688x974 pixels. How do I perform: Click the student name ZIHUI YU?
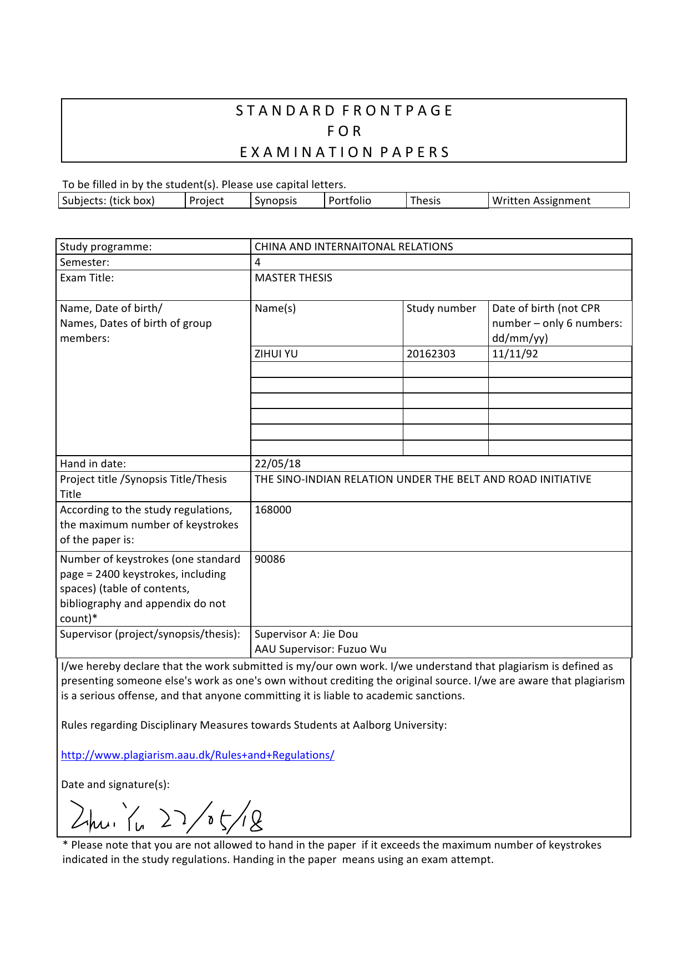[x=276, y=354]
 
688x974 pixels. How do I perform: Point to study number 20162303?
[x=431, y=354]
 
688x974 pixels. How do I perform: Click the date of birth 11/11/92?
[x=515, y=354]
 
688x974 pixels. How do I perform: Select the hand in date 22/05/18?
[x=277, y=463]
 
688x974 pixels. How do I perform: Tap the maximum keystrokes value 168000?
[x=273, y=509]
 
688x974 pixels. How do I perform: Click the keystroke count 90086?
[x=270, y=559]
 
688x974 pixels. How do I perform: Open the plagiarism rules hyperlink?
[x=198, y=755]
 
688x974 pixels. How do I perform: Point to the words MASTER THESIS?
[x=294, y=277]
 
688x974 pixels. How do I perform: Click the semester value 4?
[x=257, y=262]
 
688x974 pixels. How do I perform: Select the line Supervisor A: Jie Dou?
[x=306, y=634]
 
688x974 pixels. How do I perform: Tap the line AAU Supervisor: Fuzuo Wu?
[x=321, y=649]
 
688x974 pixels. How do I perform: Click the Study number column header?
[x=441, y=308]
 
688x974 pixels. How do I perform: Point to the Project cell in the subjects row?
[x=206, y=200]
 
